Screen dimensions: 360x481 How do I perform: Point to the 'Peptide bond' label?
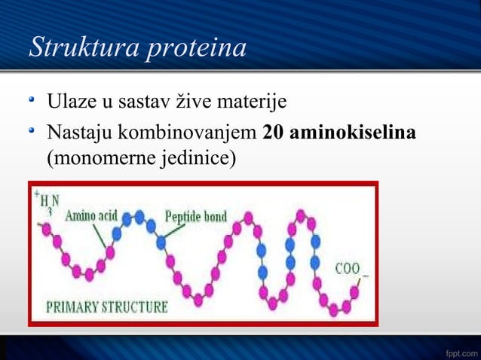(x=196, y=217)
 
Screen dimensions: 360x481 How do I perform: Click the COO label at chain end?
(x=348, y=269)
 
